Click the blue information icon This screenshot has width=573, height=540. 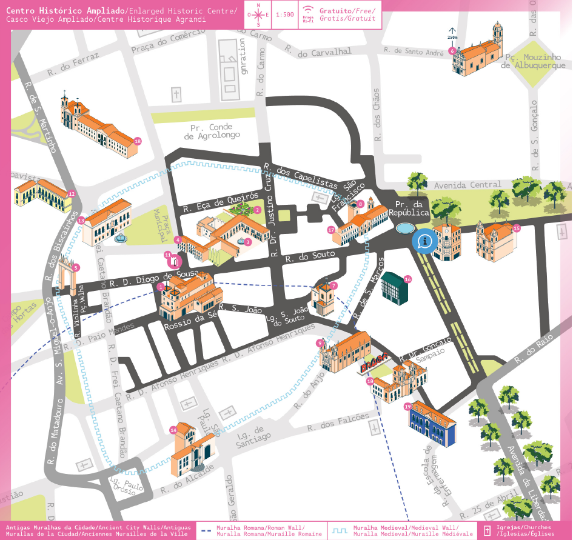424,241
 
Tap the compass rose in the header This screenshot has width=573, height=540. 259,15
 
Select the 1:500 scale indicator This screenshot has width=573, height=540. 284,15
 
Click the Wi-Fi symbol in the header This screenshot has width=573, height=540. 308,12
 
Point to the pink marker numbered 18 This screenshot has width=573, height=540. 138,141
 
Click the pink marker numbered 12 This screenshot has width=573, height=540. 72,194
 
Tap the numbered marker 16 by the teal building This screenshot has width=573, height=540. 407,279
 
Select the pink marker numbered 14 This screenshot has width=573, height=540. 173,430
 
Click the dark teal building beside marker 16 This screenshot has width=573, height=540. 394,289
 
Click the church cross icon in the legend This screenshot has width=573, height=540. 486,531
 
